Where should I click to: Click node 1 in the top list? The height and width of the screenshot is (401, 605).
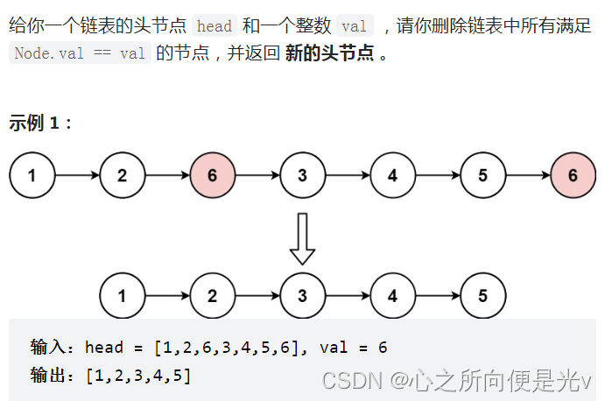(x=32, y=175)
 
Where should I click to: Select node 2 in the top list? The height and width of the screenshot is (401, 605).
(x=122, y=175)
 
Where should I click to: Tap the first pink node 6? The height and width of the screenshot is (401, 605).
(x=212, y=175)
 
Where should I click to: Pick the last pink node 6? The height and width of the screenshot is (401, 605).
(x=573, y=175)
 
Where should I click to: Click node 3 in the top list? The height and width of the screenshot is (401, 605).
(x=302, y=175)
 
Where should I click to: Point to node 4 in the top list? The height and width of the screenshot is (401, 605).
(x=392, y=175)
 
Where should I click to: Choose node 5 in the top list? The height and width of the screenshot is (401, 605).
(x=482, y=175)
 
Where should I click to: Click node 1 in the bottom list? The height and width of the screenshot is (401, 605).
(x=122, y=295)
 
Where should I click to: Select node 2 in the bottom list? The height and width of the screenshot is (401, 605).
(x=212, y=295)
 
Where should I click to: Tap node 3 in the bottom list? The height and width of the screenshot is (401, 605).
(x=302, y=295)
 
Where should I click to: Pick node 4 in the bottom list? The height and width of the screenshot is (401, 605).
(x=392, y=295)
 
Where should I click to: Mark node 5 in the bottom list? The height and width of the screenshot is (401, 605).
(x=482, y=295)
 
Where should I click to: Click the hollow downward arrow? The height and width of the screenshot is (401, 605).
(x=302, y=238)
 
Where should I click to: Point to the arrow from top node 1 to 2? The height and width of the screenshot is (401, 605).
(x=77, y=175)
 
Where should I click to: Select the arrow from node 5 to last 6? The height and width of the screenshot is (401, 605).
(x=528, y=175)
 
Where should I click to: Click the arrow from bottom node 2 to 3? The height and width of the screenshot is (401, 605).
(x=257, y=295)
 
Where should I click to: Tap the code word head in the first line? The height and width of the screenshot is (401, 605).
(x=215, y=27)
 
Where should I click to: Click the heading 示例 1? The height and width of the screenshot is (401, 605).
(x=40, y=123)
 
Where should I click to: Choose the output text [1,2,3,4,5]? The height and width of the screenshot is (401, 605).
(x=138, y=376)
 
